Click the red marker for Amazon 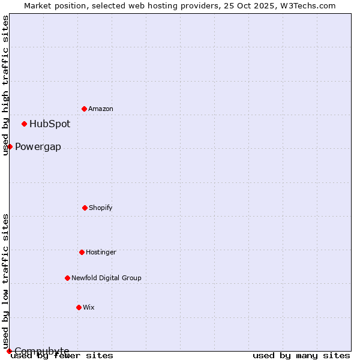tap(84, 109)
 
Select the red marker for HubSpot tap(24, 124)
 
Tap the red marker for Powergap tap(10, 146)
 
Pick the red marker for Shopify tap(85, 208)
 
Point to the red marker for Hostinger tap(82, 252)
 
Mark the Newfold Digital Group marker tap(67, 278)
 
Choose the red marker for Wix tap(79, 307)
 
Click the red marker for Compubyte tap(9, 351)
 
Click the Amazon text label tap(101, 109)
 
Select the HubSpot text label tap(50, 124)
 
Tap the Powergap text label tap(38, 147)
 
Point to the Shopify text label tap(101, 208)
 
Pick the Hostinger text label tap(101, 252)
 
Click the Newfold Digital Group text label tap(106, 278)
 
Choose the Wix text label tap(89, 307)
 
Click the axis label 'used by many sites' tap(301, 356)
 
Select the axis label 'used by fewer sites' tap(62, 356)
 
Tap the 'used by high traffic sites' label tap(5, 85)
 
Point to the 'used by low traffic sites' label tap(5, 281)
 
